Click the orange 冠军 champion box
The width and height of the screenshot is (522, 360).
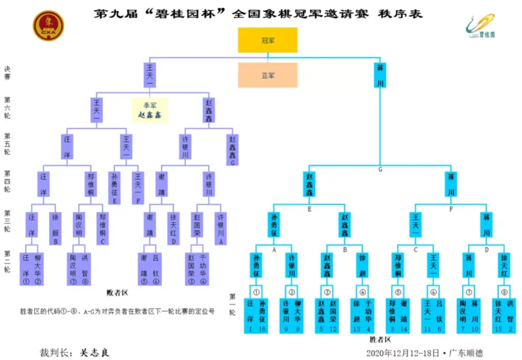[x=268, y=40]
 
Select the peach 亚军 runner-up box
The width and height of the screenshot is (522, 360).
[x=268, y=75]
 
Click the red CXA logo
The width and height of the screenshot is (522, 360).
[x=48, y=27]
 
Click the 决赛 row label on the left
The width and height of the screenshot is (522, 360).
[x=7, y=73]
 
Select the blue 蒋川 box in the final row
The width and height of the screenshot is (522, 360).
[x=380, y=76]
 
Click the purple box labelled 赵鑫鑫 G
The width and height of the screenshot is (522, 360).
[x=233, y=151]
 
